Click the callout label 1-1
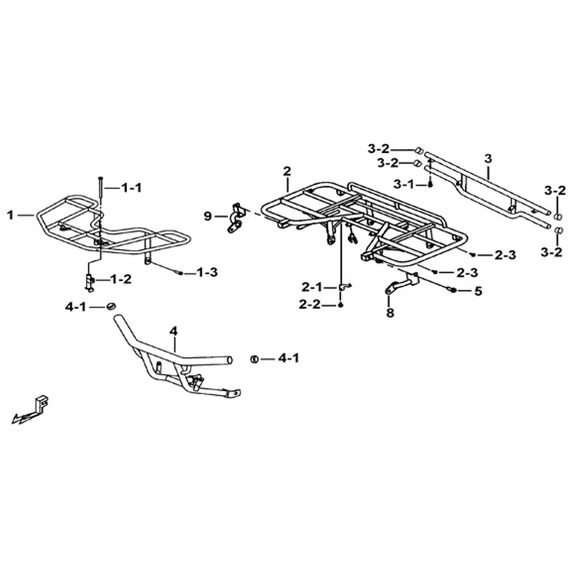point(131,187)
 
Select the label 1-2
point(120,279)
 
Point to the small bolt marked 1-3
point(179,273)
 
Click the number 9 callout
point(207,216)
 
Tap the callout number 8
point(390,312)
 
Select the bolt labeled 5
point(453,290)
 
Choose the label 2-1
point(311,287)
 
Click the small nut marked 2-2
point(340,306)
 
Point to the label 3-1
point(403,185)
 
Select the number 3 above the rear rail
point(488,158)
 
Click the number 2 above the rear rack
point(287,171)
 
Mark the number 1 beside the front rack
point(10,215)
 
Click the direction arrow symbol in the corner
point(31,411)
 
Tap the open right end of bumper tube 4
point(228,360)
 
